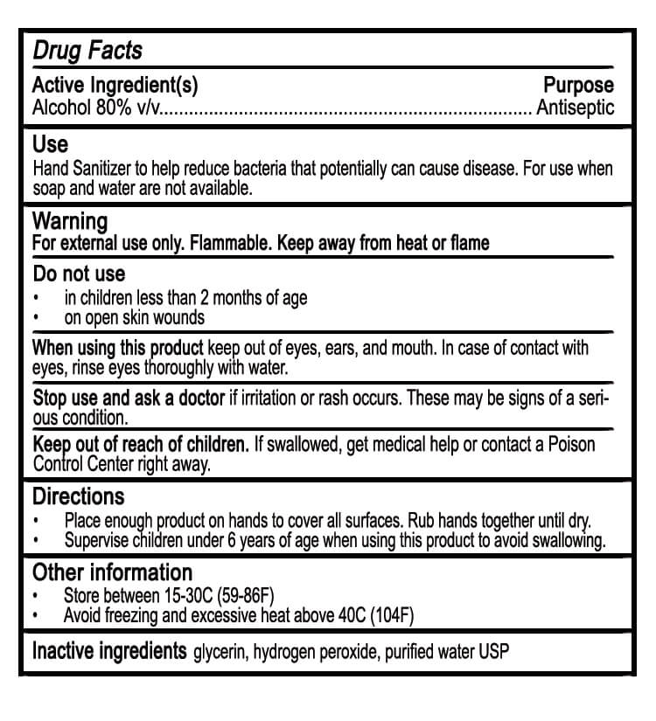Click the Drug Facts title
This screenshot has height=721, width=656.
coord(87,50)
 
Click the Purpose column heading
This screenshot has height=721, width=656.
coord(578,86)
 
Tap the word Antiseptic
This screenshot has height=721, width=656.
coord(575,108)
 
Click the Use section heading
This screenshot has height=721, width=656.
coord(50,144)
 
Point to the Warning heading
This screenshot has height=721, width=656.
coord(70,221)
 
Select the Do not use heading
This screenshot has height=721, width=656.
coord(79,274)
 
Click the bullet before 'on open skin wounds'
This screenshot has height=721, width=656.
coord(36,318)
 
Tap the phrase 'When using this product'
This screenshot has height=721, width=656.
coord(118,348)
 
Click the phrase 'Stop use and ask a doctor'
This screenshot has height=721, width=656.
coord(129,399)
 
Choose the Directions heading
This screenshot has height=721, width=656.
coord(79,497)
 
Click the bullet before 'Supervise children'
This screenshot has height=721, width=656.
coord(36,541)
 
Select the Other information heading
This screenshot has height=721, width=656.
coord(112,573)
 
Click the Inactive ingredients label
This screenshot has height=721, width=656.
coord(109,651)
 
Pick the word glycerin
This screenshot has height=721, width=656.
coord(220,653)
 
